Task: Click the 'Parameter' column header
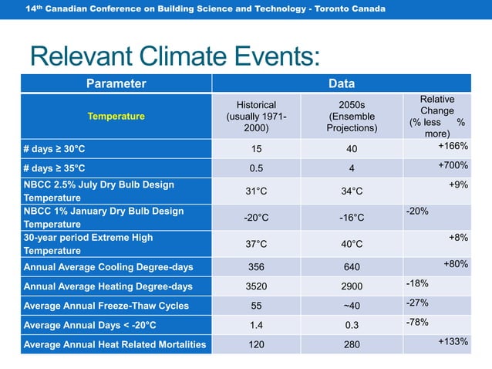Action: point(116,83)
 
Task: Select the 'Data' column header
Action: point(341,83)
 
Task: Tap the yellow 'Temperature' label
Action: point(116,117)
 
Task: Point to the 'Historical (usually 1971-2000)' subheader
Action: point(256,117)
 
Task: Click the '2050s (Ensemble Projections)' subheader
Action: point(351,117)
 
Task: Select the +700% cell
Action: point(453,165)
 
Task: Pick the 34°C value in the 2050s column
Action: point(351,191)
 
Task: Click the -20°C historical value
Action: point(256,218)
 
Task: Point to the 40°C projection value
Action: point(351,244)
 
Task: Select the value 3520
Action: point(256,287)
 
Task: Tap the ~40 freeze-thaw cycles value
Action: point(351,306)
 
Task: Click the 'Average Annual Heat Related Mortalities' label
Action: point(115,345)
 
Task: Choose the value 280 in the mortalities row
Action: point(351,345)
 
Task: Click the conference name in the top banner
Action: point(204,8)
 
